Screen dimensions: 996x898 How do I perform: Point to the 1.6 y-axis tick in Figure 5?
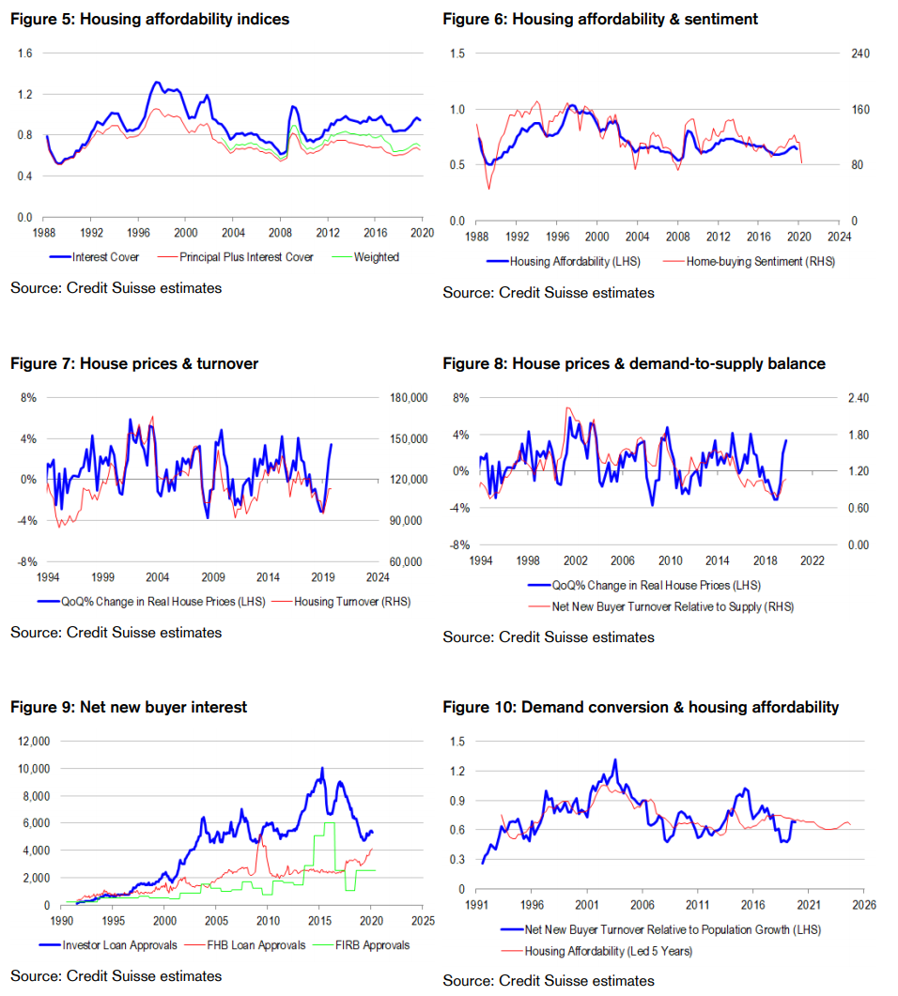24,54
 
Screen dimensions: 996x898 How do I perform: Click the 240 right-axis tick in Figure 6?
860,54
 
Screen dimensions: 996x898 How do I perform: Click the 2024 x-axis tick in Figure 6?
839,238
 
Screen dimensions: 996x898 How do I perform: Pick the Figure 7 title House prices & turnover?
134,363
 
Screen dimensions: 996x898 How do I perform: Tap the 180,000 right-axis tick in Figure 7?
409,398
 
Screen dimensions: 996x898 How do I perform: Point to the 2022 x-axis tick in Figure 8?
812,560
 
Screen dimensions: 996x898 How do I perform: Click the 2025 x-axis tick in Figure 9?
423,922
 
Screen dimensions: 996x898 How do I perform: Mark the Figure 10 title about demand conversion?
641,707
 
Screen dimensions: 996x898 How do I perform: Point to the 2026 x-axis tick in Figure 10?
863,905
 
